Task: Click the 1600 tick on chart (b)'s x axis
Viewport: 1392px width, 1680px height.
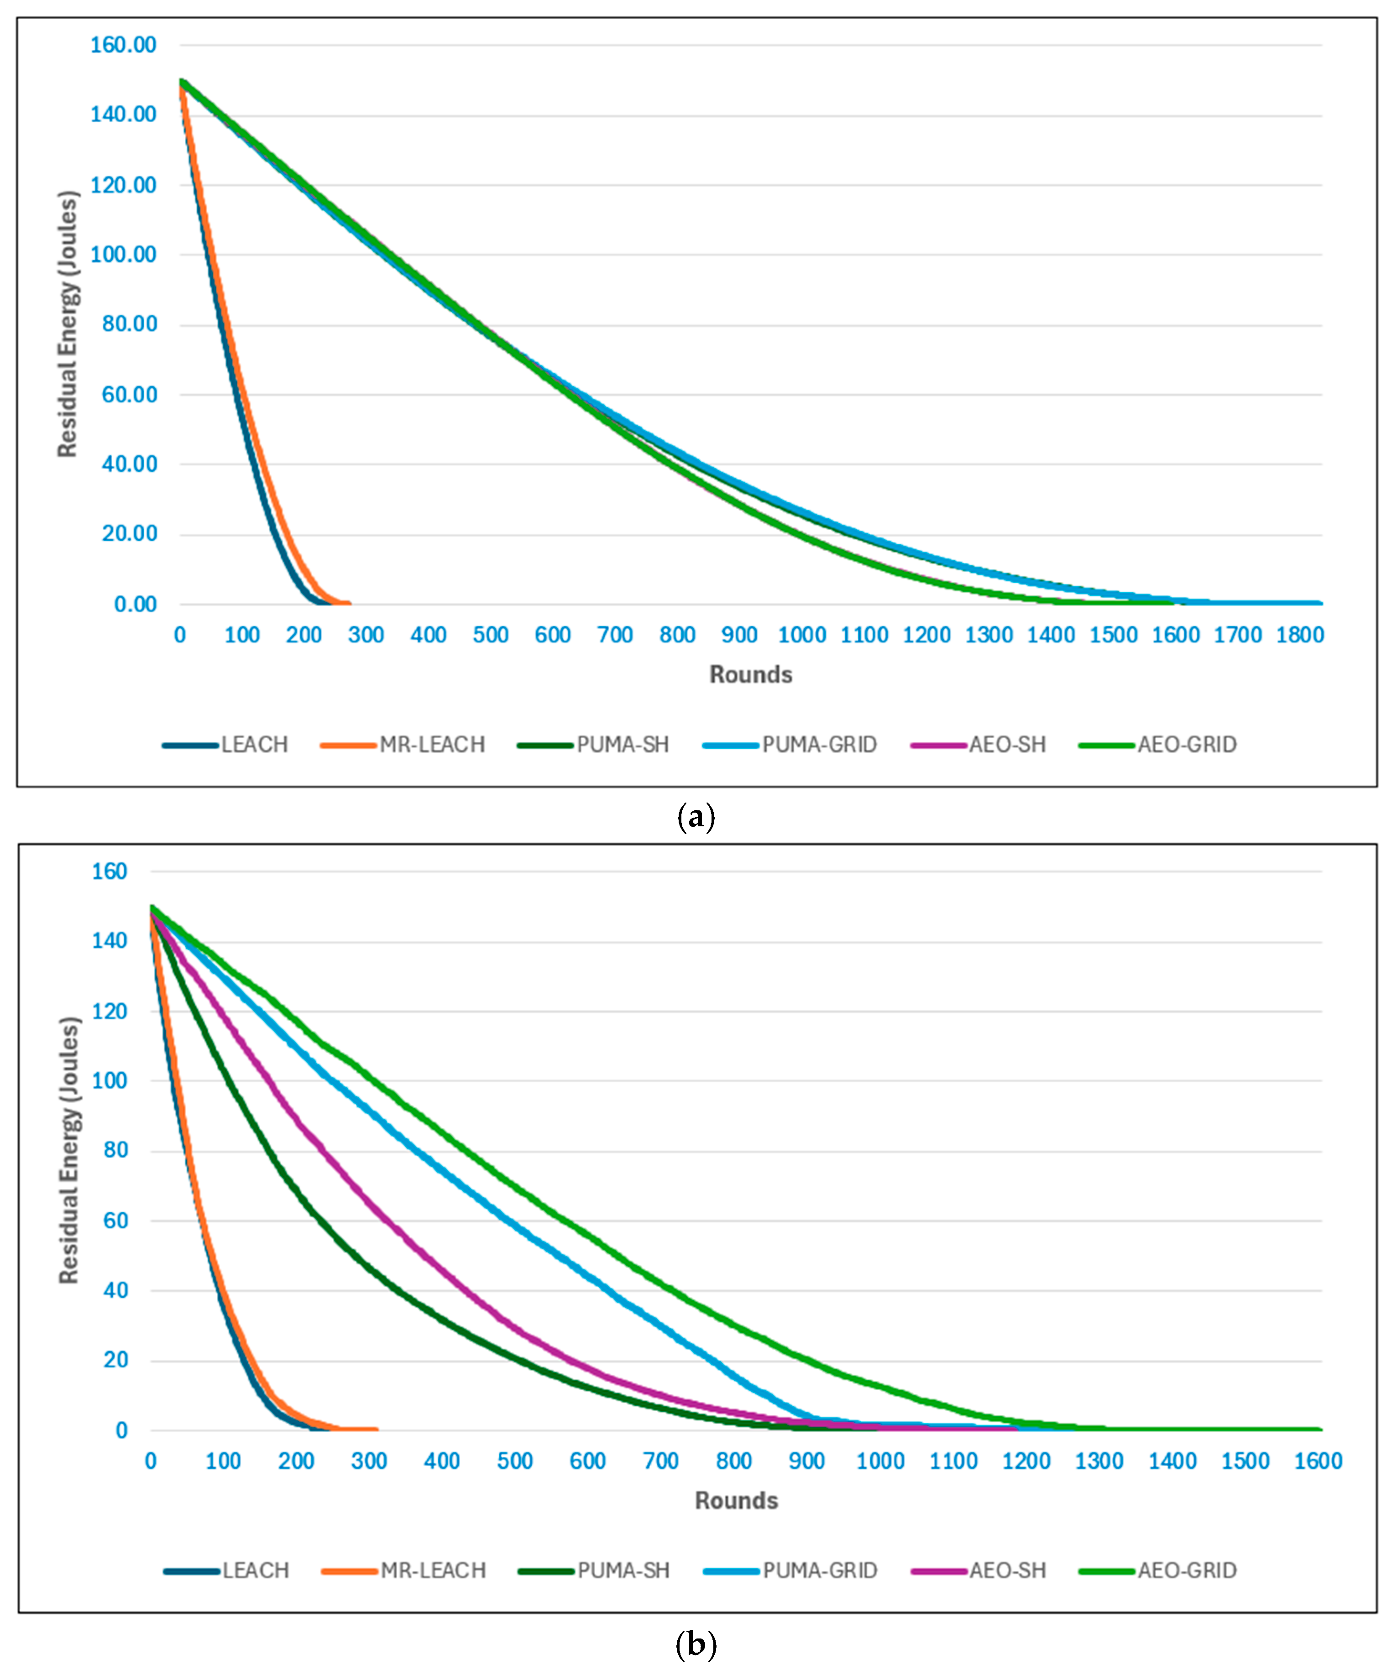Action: [1318, 1461]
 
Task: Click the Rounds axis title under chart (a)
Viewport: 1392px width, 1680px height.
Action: [750, 674]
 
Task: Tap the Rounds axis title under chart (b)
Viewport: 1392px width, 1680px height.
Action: [736, 1500]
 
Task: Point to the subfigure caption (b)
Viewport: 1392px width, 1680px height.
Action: [695, 1646]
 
